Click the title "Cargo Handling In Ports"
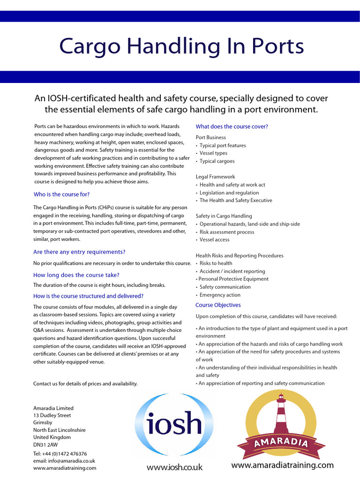[181, 47]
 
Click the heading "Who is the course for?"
[61, 195]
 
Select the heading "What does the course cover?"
[232, 127]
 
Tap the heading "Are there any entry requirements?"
[79, 252]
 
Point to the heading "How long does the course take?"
[76, 275]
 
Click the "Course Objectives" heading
[218, 305]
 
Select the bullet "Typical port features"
[223, 146]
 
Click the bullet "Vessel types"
[213, 153]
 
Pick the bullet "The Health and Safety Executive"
[235, 201]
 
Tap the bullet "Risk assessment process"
[227, 232]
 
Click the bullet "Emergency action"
[220, 295]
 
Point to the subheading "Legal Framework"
[215, 177]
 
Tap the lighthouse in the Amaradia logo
[282, 415]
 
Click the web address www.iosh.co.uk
[174, 467]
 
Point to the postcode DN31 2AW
[46, 445]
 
